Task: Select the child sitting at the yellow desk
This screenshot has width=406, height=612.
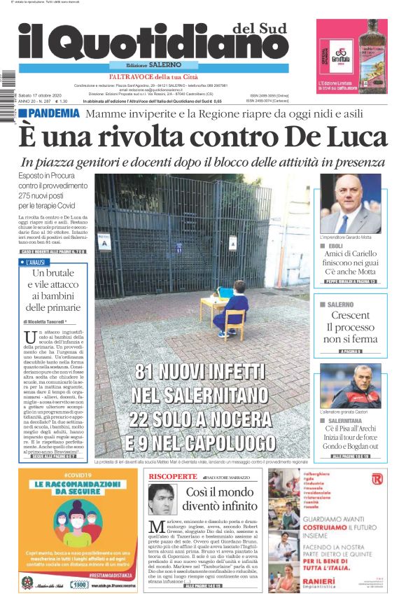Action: click(x=232, y=314)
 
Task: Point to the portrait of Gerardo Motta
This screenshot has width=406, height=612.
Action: click(x=350, y=204)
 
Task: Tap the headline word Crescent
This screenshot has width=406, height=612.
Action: click(x=350, y=316)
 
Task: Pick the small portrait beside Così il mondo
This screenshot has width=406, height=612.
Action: click(x=162, y=499)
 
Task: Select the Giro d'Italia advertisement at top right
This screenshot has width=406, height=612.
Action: click(x=352, y=55)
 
